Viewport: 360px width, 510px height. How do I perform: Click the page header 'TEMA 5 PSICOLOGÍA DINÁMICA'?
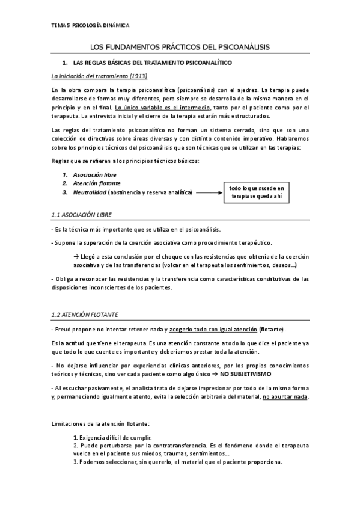pos(90,25)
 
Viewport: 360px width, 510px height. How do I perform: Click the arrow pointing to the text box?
pos(209,192)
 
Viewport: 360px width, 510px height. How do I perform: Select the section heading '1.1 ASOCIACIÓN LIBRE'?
pos(82,215)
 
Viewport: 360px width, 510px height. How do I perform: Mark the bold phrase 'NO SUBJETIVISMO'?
pos(246,373)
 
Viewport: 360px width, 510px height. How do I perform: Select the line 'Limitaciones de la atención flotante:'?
pos(96,423)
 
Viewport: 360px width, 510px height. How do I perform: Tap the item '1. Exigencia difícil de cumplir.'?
pos(112,437)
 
